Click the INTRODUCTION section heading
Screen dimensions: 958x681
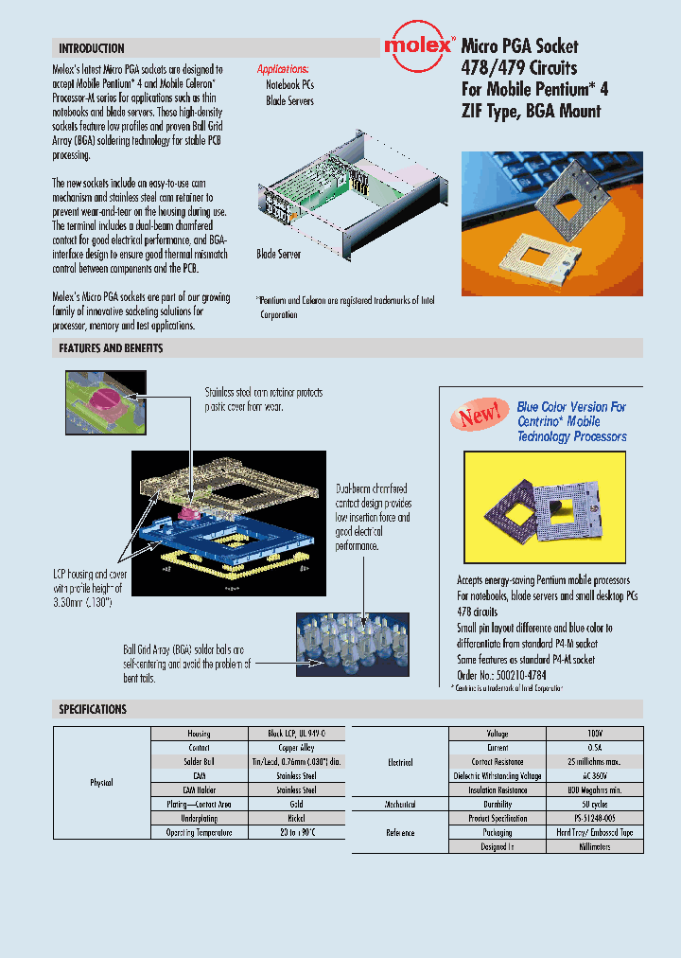(x=92, y=48)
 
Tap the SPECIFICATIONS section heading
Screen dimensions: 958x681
(x=93, y=709)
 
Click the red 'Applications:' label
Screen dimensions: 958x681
(x=283, y=69)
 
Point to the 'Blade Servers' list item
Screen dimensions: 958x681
(x=289, y=100)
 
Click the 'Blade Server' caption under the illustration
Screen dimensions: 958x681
(x=279, y=255)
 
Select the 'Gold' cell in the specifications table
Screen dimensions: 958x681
(x=296, y=804)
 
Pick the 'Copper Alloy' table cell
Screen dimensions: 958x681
(x=296, y=747)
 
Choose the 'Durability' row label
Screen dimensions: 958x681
(x=498, y=804)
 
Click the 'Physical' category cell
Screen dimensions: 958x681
(x=101, y=783)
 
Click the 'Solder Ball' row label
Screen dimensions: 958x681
(x=199, y=761)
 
